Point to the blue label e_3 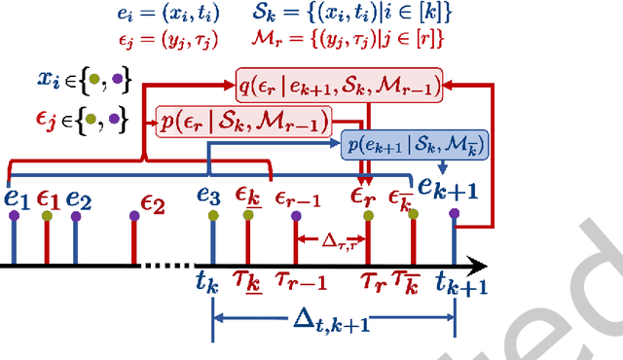208,195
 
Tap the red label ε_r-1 297,198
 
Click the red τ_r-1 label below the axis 302,283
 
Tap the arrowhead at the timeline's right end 479,264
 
